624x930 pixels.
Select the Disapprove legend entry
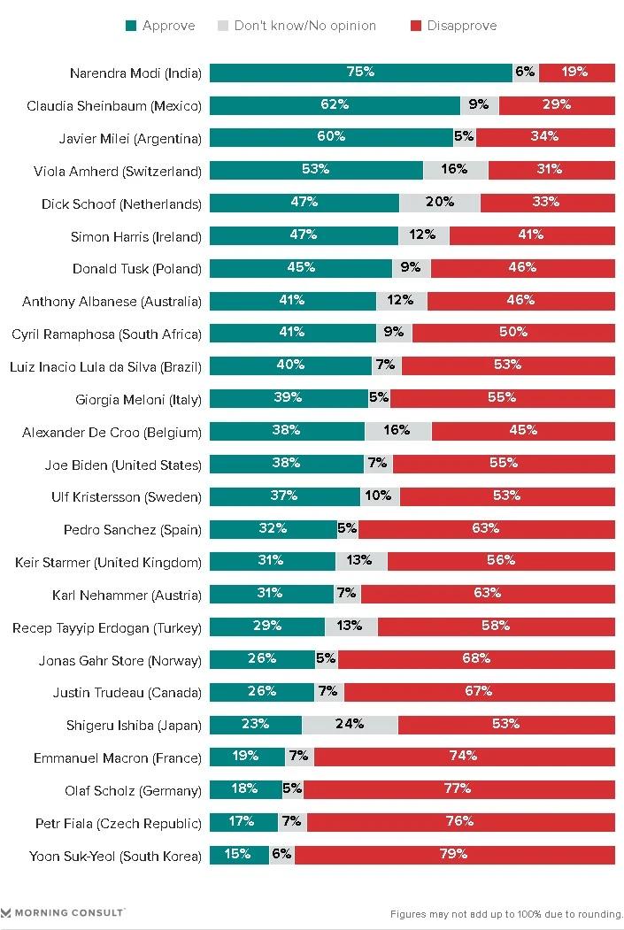coord(454,26)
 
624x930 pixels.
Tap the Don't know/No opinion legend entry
coord(297,26)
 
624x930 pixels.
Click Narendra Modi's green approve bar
coord(360,73)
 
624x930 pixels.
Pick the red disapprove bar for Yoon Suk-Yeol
coord(454,856)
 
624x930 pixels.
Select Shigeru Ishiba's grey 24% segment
coord(350,725)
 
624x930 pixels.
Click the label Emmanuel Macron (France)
coord(118,757)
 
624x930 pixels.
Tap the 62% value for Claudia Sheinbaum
coord(335,104)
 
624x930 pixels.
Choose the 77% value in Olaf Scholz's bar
coord(459,789)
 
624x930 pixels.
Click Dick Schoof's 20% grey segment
coord(440,203)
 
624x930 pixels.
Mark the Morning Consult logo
coord(63,911)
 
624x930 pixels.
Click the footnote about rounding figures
coord(506,914)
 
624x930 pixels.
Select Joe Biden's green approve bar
coord(286,464)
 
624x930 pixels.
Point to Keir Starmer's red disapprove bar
coord(501,561)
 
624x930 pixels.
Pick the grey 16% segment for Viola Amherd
coord(455,170)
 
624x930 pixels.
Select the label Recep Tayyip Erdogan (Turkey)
coord(107,627)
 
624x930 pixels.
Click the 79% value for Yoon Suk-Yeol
coord(454,855)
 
